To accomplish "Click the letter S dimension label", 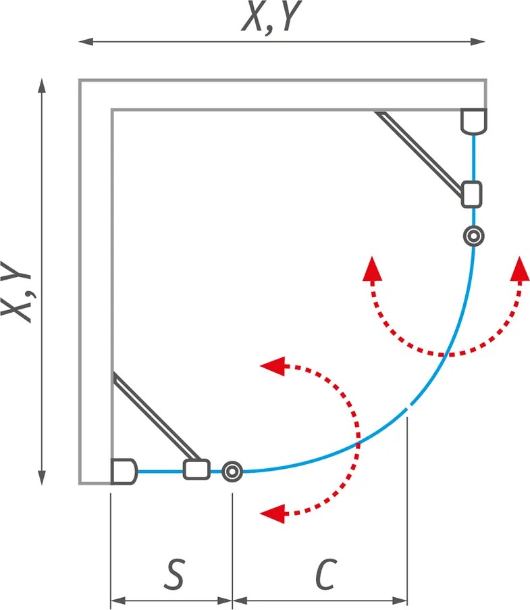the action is click(174, 574).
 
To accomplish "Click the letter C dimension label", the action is click(326, 574).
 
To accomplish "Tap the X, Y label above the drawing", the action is click(271, 16).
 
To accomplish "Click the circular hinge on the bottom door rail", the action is click(232, 472).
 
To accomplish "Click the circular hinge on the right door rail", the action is click(473, 236).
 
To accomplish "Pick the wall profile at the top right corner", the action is click(473, 122).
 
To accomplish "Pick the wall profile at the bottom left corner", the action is click(124, 472).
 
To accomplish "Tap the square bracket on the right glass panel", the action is click(472, 194).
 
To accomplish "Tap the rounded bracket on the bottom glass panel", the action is click(196, 469).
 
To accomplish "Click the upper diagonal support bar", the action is click(419, 153).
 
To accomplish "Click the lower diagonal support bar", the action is click(157, 415).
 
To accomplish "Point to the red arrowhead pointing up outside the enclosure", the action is click(520, 268).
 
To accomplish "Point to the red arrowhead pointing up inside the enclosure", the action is click(372, 268).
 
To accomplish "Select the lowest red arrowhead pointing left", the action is click(272, 513).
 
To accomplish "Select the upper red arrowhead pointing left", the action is click(272, 366).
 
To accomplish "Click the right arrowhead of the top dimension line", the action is click(478, 41).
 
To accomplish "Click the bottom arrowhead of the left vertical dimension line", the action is click(42, 478).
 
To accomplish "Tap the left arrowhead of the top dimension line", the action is click(86, 41).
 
